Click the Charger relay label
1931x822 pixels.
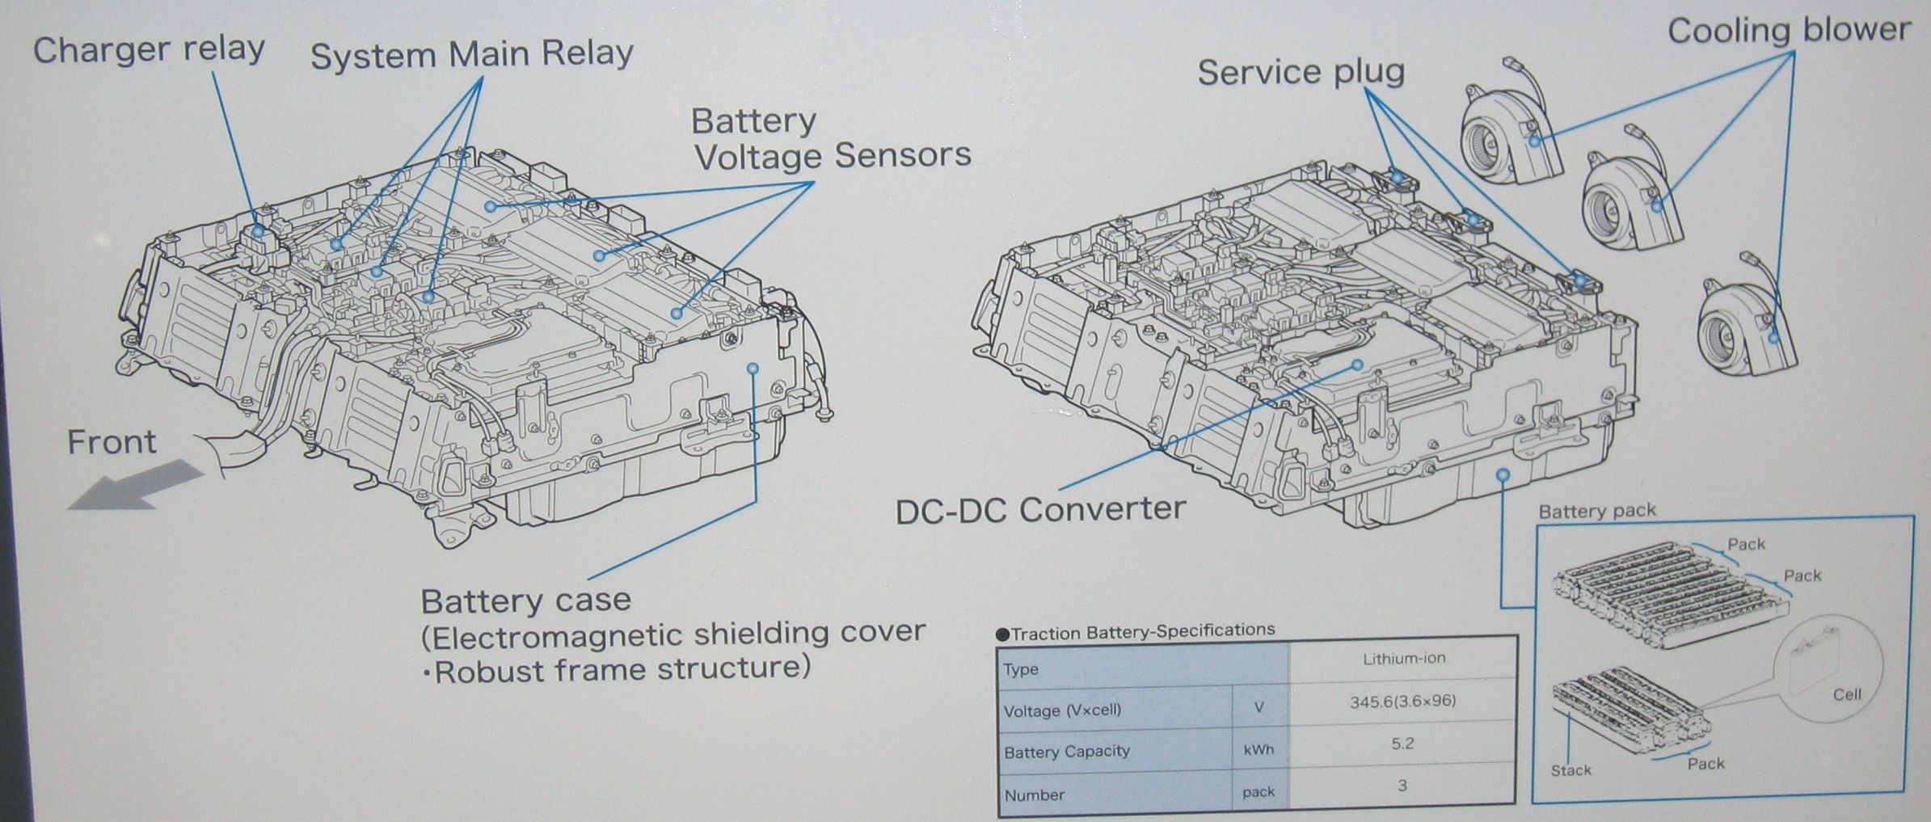pos(149,50)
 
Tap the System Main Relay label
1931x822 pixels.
pos(471,55)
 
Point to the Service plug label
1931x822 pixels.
pos(1301,73)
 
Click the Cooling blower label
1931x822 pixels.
pos(1789,31)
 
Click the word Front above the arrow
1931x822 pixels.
pos(112,443)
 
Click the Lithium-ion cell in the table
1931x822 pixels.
pos(1403,659)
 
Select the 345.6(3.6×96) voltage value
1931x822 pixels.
pos(1402,702)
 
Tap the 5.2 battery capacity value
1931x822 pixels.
pos(1402,744)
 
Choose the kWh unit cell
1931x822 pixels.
pos(1259,750)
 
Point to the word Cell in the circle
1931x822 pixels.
pos(1847,694)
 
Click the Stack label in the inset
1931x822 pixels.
pos(1571,770)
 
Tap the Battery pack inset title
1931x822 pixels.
pos(1597,511)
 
